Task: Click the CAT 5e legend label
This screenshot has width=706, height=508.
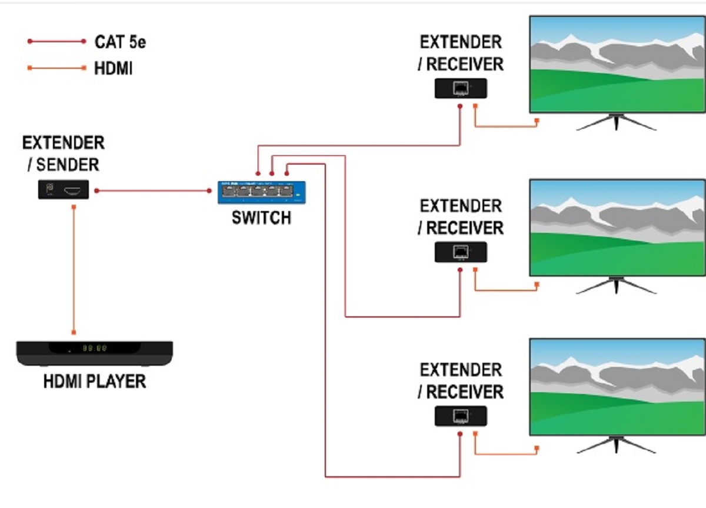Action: (121, 42)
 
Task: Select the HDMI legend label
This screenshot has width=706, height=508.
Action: (114, 69)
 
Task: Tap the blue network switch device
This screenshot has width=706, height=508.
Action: (262, 192)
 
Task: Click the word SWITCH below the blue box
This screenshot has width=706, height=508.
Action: (261, 218)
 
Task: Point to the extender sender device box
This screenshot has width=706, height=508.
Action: (64, 189)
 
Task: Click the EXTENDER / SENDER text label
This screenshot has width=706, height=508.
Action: (63, 153)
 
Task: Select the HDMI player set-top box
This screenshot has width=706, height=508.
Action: (94, 353)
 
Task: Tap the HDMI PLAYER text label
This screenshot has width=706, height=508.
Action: (94, 382)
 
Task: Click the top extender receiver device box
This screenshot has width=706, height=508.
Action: (461, 88)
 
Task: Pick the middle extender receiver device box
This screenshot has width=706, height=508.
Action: (461, 252)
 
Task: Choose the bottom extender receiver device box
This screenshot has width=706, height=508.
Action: (461, 416)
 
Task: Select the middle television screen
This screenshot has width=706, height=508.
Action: (617, 228)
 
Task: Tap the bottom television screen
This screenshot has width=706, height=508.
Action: (617, 386)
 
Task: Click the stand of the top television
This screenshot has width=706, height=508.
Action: (616, 122)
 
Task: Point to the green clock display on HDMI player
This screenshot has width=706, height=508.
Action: (94, 348)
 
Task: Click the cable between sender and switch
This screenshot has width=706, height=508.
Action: (153, 190)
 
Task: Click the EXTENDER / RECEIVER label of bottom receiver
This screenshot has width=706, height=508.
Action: (461, 381)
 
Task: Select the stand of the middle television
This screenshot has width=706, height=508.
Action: (616, 285)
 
